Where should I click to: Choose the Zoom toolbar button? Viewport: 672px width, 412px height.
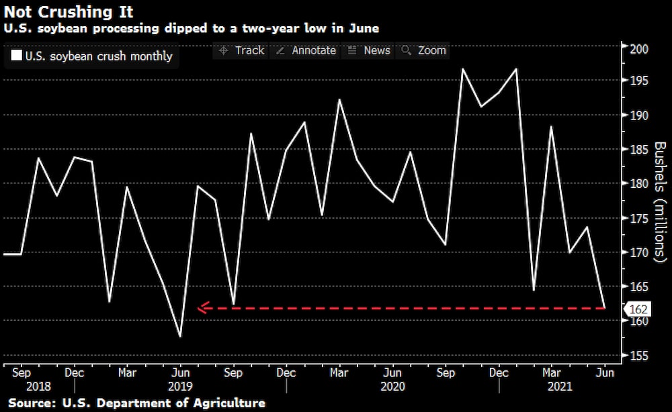(x=423, y=50)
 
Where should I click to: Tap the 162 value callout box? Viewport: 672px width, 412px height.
(x=637, y=309)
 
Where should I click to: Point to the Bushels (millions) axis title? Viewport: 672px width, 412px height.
(x=660, y=202)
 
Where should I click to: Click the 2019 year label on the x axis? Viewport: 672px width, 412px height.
(x=180, y=387)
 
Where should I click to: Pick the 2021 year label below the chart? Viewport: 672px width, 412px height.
(x=552, y=387)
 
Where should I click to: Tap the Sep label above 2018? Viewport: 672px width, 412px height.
(x=22, y=373)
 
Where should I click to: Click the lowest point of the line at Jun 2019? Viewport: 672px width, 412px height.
(x=180, y=336)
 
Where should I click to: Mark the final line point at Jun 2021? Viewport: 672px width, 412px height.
(x=605, y=309)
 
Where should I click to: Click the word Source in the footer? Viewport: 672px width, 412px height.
(x=31, y=403)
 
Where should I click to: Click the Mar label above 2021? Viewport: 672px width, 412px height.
(x=552, y=373)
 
